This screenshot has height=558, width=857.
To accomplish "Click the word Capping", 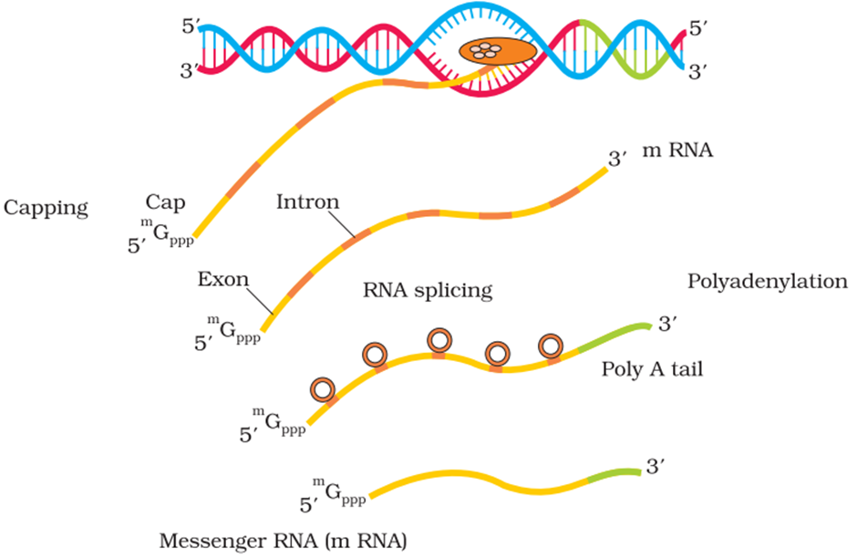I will tap(46, 208).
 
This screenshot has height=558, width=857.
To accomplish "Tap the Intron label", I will tap(307, 201).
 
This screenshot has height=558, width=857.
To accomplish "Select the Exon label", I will tap(222, 280).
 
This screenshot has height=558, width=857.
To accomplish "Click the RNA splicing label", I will tap(428, 291).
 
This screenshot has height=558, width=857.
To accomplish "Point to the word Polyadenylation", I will tap(767, 282).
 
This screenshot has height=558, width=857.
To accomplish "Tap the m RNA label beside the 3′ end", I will tap(676, 152).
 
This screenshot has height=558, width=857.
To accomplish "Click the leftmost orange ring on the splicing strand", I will tap(323, 389).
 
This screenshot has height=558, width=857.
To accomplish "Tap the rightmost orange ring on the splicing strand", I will tap(551, 346).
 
